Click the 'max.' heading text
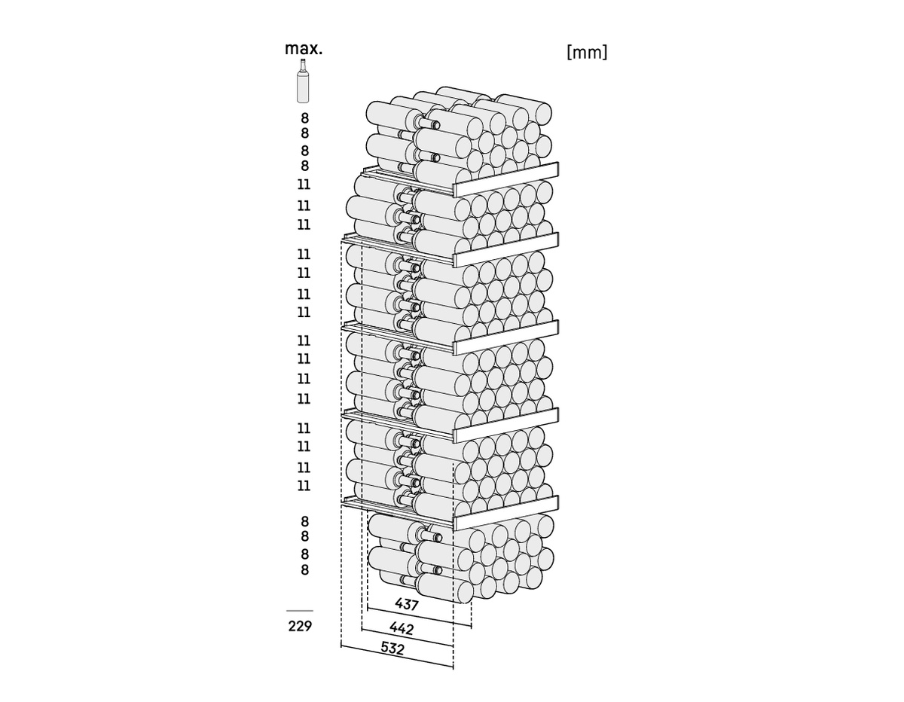pyautogui.click(x=304, y=49)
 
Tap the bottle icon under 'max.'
pyautogui.click(x=303, y=81)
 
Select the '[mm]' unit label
pyautogui.click(x=587, y=53)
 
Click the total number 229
pyautogui.click(x=300, y=626)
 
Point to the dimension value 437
pyautogui.click(x=407, y=604)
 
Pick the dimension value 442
pyautogui.click(x=402, y=628)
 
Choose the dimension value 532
pyautogui.click(x=392, y=649)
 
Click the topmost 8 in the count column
pyautogui.click(x=305, y=118)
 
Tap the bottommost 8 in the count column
pyautogui.click(x=305, y=569)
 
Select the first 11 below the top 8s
pyautogui.click(x=304, y=185)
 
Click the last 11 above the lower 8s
pyautogui.click(x=304, y=485)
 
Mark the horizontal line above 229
pyautogui.click(x=300, y=611)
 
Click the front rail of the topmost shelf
pyautogui.click(x=506, y=179)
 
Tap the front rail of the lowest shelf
pyautogui.click(x=506, y=512)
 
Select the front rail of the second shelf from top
pyautogui.click(x=506, y=249)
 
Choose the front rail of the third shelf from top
pyautogui.click(x=506, y=337)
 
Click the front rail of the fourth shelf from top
pyautogui.click(x=506, y=425)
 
